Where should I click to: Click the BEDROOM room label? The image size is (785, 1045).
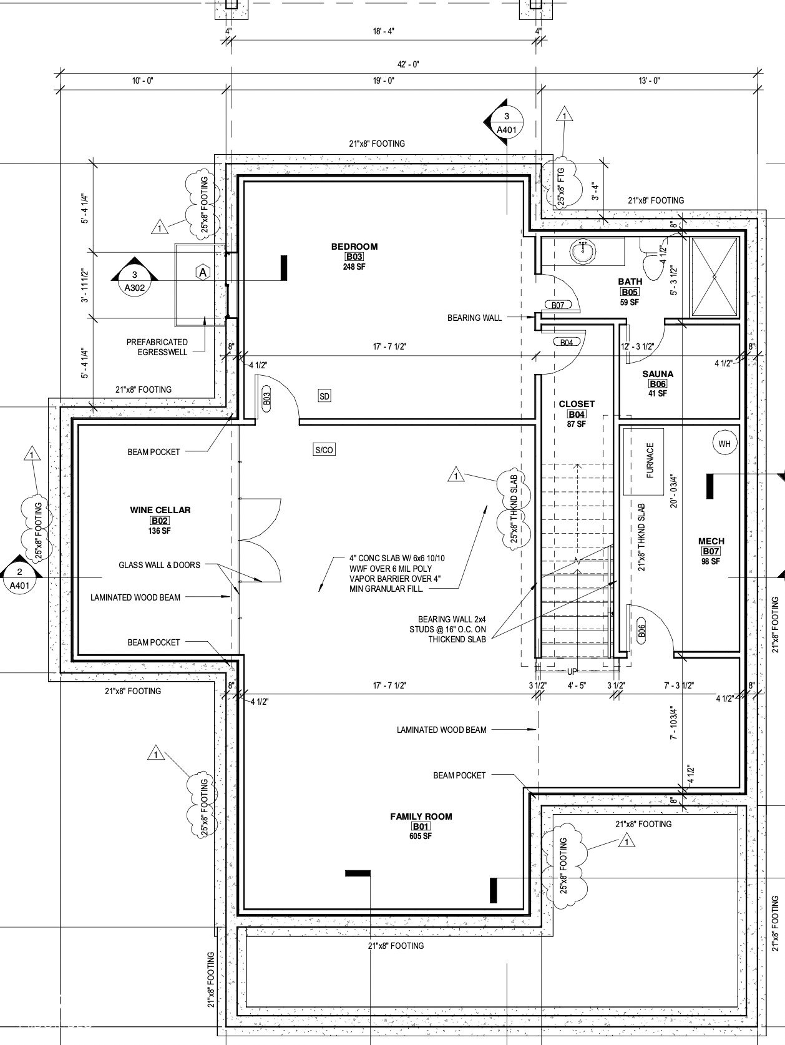coord(354,247)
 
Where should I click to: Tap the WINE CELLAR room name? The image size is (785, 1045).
coord(160,510)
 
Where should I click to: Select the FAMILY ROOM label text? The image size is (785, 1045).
coord(421,817)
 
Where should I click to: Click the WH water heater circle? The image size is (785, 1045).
coord(724,444)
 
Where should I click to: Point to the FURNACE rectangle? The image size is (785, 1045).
coord(644,461)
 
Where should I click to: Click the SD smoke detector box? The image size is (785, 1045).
coord(324,396)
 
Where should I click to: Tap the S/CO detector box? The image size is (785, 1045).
coord(324,449)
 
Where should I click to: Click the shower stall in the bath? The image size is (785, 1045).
coord(714,277)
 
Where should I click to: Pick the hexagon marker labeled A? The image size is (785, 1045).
coord(203,273)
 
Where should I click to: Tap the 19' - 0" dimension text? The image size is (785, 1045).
coord(384,81)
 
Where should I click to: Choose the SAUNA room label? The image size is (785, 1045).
coord(658,374)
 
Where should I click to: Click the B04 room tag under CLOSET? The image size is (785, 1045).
coord(577,414)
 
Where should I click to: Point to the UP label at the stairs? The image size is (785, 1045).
coord(572,672)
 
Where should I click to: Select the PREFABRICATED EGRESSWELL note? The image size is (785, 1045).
coord(157,347)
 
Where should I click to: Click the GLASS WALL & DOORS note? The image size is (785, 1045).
coord(159,565)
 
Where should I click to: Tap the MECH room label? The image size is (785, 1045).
coord(711,541)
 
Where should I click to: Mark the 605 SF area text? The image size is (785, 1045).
coord(421,836)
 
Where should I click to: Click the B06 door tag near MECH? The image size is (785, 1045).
coord(641,631)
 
